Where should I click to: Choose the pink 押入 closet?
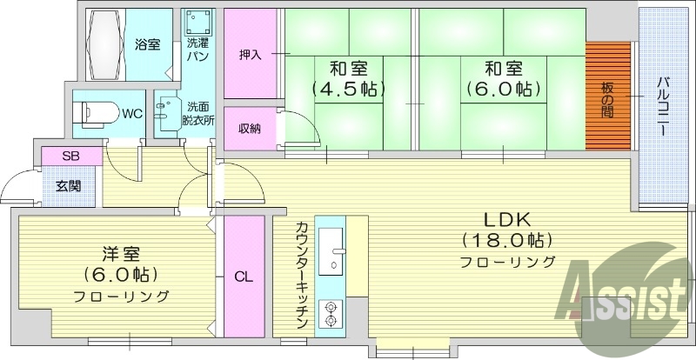coord(251,55)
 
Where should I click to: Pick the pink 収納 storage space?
coord(251,129)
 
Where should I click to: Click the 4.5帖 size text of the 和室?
coord(348,88)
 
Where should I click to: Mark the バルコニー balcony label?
coord(661,104)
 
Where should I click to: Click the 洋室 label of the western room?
coord(120,255)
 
